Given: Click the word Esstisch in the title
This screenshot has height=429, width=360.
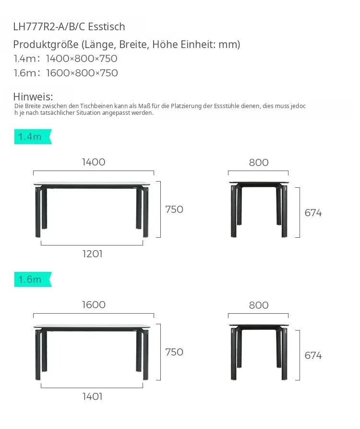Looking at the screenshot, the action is coord(107,27).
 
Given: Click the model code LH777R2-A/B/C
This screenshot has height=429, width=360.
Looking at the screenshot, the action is coord(49,27).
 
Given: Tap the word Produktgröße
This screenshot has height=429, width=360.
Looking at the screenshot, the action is coord(46,45).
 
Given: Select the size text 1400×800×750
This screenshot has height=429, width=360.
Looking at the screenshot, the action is coord(82,59).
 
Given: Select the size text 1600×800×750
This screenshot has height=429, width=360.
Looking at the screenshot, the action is coord(82,73).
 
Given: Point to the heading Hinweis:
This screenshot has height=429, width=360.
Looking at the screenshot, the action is coord(33,97).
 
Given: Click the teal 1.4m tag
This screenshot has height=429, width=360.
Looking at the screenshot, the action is coord(33,136).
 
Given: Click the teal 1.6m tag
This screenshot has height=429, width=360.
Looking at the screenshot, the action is coord(33,279).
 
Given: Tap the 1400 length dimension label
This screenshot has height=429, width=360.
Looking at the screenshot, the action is coord(94,162).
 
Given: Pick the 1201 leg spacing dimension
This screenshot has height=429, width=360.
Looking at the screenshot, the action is coord(92,254).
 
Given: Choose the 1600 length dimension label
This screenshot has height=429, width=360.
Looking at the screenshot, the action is coord(94,305).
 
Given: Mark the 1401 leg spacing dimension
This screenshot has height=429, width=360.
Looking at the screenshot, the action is coord(92,396).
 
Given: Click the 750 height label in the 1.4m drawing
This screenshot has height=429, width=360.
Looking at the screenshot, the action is coord(174,209).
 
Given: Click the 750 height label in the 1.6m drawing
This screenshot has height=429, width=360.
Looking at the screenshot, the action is coord(174,352).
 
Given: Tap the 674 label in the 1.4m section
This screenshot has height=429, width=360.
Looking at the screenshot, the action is coord(313,213).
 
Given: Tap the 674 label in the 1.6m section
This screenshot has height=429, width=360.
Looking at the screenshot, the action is coord(313,355).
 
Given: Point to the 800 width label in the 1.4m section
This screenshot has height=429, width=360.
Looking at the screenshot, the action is coord(259,162).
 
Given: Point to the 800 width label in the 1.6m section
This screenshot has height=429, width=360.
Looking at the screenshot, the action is coord(259,306).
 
